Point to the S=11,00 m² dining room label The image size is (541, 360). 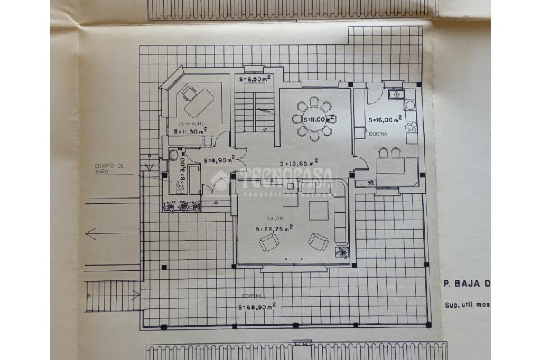click(316, 119)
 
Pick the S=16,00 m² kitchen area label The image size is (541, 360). click(385, 119)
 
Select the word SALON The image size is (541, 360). click(275, 219)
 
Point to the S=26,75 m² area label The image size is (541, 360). click(274, 229)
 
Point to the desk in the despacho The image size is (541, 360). click(199, 102)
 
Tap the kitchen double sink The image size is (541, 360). click(396, 95)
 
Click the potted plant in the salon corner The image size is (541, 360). click(342, 252)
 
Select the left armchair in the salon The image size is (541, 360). click(269, 243)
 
